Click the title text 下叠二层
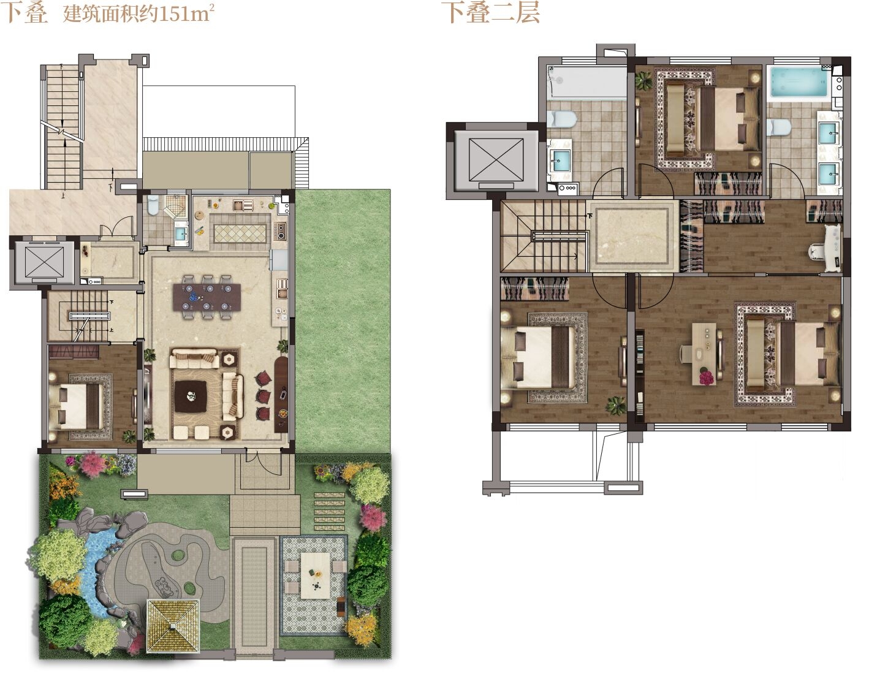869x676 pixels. coord(490,12)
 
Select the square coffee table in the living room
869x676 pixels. coord(191,396)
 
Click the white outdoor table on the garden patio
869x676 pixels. coord(316,575)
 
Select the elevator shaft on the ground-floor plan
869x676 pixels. coord(44,262)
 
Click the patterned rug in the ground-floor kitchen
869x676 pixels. coord(240,234)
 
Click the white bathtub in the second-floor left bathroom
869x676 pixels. coord(586,83)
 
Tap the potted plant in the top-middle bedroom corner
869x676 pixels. coord(644,80)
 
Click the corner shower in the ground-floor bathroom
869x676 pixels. coord(175,207)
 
